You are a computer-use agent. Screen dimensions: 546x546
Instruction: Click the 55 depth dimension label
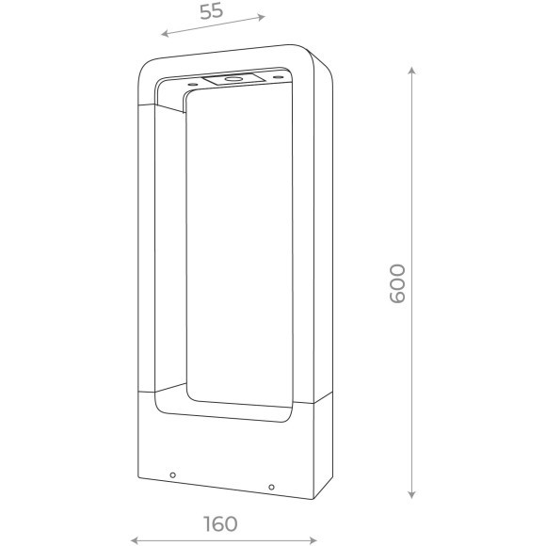click(x=211, y=11)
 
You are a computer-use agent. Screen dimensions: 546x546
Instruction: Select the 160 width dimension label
click(x=220, y=523)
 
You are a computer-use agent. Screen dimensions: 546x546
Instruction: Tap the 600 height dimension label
click(x=397, y=283)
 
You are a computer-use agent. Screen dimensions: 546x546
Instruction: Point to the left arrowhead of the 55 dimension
click(x=165, y=34)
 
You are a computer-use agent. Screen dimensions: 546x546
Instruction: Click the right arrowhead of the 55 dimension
click(x=261, y=17)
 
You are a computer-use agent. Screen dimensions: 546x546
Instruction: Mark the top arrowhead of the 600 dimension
click(x=411, y=71)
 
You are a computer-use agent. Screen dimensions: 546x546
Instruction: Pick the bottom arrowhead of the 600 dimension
click(x=411, y=494)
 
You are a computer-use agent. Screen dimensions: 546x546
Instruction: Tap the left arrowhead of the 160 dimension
click(x=135, y=540)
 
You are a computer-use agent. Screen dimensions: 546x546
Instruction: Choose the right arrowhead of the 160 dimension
click(x=313, y=540)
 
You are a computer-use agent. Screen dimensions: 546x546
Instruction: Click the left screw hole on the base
click(x=172, y=475)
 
